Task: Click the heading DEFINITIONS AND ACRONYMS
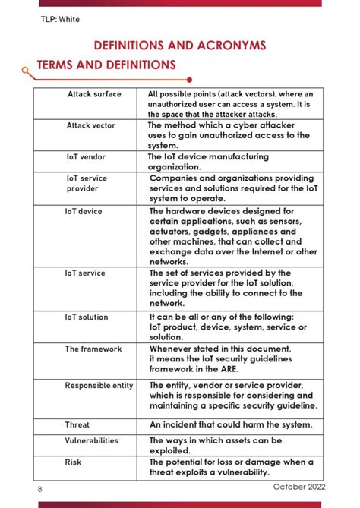coord(179,46)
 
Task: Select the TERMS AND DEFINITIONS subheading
coord(106,65)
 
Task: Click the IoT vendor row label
coord(86,156)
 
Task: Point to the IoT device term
coord(84,211)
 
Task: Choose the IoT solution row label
coord(87,317)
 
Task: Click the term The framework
coord(93,349)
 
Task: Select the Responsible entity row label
coord(99,385)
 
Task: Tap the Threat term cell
coord(77,424)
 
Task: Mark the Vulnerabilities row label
coord(92,440)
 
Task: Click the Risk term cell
coord(73,461)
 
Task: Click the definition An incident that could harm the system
coord(231,424)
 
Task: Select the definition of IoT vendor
coord(208,161)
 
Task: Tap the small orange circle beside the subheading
coord(27,71)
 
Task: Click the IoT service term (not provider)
coord(85,273)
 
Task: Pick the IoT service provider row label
coord(87,182)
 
